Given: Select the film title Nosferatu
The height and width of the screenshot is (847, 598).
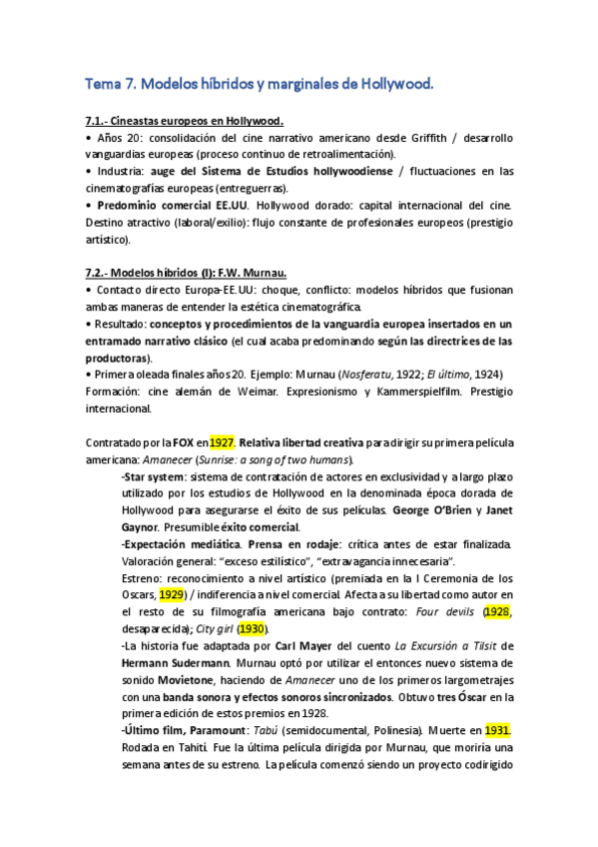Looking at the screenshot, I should pos(370,375).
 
